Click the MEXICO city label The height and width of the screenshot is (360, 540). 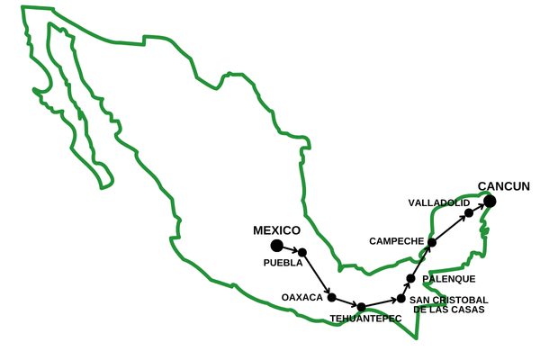pyautogui.click(x=276, y=230)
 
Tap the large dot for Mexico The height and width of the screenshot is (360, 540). pyautogui.click(x=276, y=245)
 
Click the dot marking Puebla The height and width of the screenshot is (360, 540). pyautogui.click(x=302, y=252)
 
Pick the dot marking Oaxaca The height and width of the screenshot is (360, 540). pyautogui.click(x=331, y=297)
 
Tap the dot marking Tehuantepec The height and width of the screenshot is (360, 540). pyautogui.click(x=361, y=307)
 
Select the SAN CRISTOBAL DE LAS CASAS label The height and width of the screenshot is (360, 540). pyautogui.click(x=448, y=304)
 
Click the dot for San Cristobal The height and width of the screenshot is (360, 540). pyautogui.click(x=400, y=299)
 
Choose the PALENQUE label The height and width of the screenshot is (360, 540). pyautogui.click(x=448, y=279)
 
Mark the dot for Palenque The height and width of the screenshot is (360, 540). pyautogui.click(x=410, y=279)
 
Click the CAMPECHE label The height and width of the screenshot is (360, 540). pyautogui.click(x=396, y=241)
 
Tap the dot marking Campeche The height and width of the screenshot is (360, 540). pyautogui.click(x=432, y=242)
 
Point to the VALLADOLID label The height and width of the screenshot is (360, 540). pyautogui.click(x=438, y=202)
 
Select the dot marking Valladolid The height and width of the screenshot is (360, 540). pyautogui.click(x=469, y=213)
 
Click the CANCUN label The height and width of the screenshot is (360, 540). pyautogui.click(x=503, y=186)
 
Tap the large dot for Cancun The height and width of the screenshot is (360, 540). pyautogui.click(x=491, y=201)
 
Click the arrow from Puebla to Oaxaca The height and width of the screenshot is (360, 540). pyautogui.click(x=317, y=274)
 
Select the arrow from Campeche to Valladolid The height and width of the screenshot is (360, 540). pyautogui.click(x=450, y=228)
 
